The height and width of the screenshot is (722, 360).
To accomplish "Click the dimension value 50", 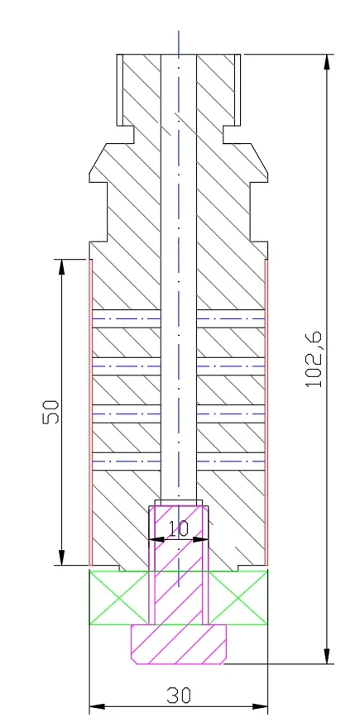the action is tap(51, 412).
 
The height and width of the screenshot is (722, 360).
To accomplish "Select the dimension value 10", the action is tap(179, 528).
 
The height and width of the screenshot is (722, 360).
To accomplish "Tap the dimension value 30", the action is tap(179, 696).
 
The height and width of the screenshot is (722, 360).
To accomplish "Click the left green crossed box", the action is tap(119, 598).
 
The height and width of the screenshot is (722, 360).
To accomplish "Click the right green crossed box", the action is tap(238, 598).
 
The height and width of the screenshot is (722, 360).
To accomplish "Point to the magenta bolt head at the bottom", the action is tap(179, 644).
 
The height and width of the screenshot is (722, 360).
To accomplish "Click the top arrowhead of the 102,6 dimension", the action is tap(327, 62).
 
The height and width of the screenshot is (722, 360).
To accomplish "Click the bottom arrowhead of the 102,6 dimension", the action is tap(327, 656).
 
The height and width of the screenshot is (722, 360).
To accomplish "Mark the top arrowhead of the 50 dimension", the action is tap(62, 267).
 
